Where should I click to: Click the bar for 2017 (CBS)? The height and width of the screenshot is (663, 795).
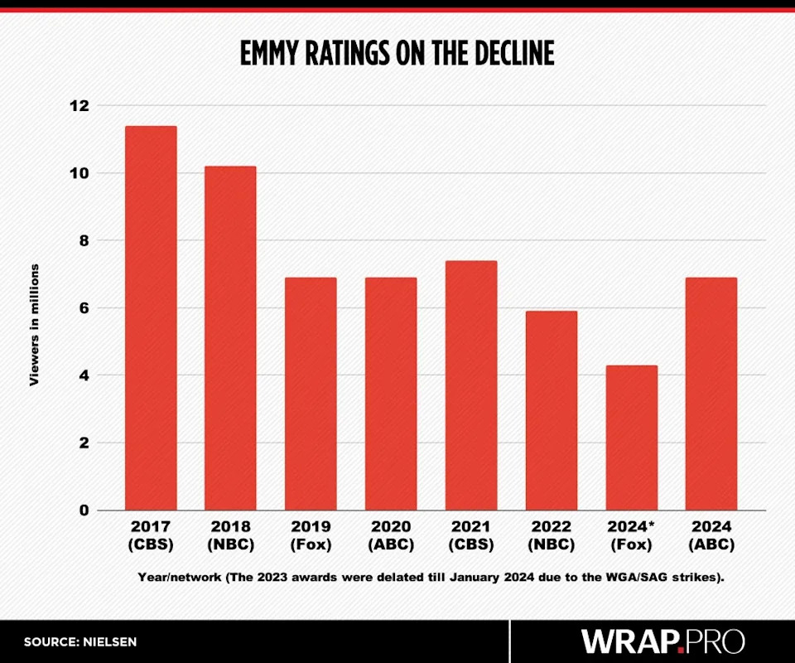coord(150,318)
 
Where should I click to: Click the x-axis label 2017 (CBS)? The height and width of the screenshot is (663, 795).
coord(150,535)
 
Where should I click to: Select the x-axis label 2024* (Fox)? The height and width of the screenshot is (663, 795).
coord(631,535)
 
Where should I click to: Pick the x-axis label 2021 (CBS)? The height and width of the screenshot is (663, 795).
coord(470,535)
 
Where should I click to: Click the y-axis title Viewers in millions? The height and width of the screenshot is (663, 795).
coord(35,324)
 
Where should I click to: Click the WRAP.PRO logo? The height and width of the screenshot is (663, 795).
coord(662,641)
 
